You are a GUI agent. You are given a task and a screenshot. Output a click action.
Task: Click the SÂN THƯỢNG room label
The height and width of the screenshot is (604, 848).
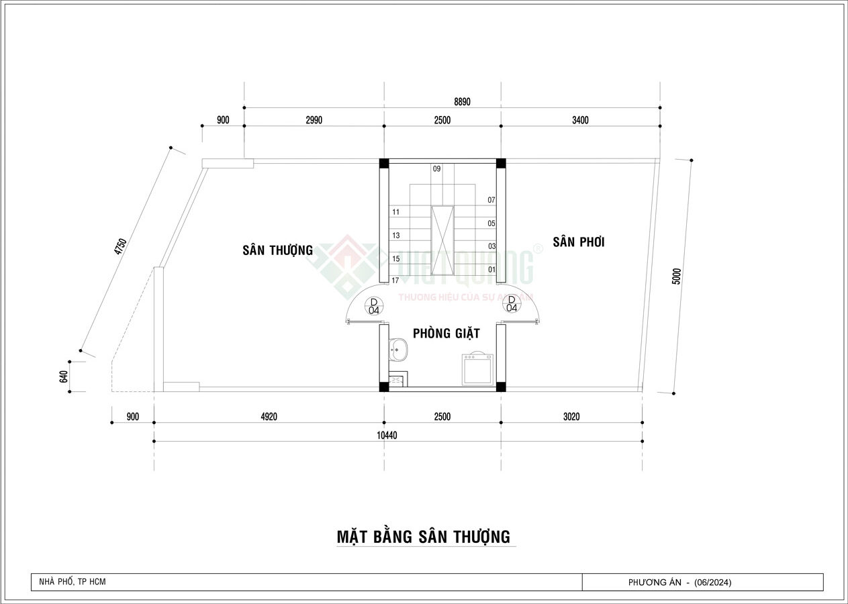point(277,250)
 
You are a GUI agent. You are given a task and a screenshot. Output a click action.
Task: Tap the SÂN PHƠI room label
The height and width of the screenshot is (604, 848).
point(578,242)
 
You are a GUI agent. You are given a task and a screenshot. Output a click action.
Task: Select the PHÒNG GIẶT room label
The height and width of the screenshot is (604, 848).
point(446,333)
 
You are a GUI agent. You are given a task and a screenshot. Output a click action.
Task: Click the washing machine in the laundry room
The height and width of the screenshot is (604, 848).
point(477,368)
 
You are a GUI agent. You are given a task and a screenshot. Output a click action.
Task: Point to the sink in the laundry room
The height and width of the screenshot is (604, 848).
point(399,348)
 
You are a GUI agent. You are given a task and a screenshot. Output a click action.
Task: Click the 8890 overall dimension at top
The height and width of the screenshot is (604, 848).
point(463,102)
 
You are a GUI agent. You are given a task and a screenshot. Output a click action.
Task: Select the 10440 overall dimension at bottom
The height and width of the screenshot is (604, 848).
point(387,435)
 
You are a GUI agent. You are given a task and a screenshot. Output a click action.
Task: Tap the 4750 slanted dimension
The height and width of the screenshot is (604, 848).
point(121,247)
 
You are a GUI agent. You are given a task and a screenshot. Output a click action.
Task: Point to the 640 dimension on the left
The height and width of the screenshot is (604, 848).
point(64,376)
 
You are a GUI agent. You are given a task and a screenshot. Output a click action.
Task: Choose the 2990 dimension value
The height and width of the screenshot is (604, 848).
point(314,120)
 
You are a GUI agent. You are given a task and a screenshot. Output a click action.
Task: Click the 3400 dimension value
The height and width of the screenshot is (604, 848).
point(580,120)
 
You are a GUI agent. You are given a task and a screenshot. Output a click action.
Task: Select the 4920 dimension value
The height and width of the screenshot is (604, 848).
point(268,417)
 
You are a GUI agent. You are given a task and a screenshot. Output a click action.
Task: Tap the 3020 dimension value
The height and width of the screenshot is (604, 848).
point(571,417)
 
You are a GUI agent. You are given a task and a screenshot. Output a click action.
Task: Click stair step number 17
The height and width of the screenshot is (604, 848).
point(395,281)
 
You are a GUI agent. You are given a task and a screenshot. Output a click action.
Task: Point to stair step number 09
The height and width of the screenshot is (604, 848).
point(436,169)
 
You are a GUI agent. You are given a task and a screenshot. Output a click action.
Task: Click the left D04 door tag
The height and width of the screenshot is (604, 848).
point(374,305)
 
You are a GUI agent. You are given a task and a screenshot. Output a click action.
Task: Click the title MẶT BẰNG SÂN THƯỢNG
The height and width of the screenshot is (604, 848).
point(423,537)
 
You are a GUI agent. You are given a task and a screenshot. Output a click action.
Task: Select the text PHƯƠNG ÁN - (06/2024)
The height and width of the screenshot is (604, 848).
point(684,583)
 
